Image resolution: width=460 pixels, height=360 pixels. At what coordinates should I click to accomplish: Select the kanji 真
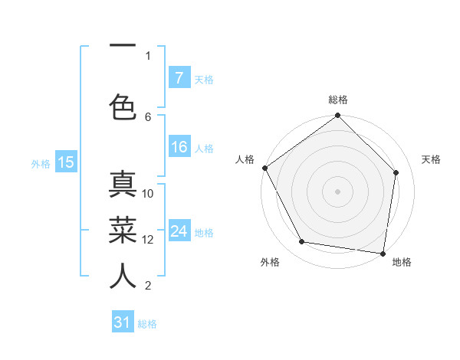[123, 186]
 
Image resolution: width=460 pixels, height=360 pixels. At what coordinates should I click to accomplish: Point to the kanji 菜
[123, 230]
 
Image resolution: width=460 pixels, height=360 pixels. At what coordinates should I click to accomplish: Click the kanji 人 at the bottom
[123, 277]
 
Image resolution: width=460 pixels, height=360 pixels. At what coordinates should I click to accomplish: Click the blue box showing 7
[179, 78]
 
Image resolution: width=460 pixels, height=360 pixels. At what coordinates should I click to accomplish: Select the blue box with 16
[179, 148]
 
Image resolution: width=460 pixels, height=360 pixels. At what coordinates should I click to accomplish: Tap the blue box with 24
[179, 231]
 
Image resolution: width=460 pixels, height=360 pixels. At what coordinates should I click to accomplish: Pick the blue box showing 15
[66, 162]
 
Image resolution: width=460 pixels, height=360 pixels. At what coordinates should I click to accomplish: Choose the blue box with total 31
[123, 322]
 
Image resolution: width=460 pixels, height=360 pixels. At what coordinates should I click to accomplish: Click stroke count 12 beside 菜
[148, 239]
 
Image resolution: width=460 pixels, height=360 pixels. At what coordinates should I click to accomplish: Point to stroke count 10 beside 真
[148, 194]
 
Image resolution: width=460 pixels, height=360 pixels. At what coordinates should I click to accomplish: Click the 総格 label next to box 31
[147, 324]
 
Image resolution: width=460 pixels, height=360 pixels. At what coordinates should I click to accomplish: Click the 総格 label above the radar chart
[338, 100]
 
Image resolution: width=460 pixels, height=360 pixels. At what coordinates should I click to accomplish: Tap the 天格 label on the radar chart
[432, 159]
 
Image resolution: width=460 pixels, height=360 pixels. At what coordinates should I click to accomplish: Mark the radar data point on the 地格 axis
[383, 253]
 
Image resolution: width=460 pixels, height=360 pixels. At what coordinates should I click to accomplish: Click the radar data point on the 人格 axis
[265, 168]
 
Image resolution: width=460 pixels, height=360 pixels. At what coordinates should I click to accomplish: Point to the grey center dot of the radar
[338, 191]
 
